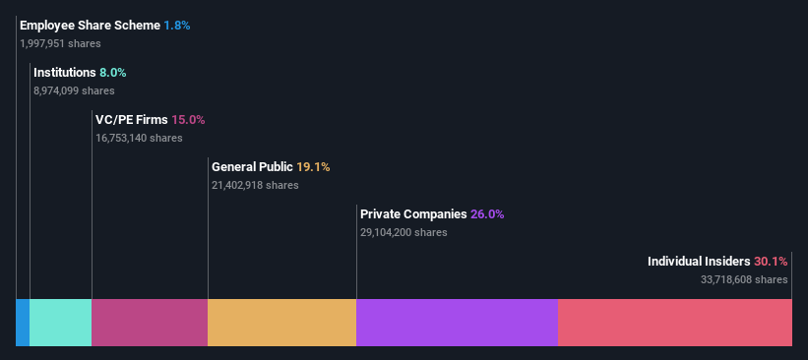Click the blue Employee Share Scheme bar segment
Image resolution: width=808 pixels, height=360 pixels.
click(x=23, y=323)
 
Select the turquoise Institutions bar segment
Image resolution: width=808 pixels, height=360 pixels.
click(x=60, y=323)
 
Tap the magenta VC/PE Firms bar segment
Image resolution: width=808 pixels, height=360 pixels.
click(x=150, y=323)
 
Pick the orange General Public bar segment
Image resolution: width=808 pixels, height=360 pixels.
click(x=281, y=323)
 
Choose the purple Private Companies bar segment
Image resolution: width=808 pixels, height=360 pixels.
click(x=457, y=323)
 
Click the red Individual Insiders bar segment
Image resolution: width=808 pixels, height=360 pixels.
click(x=674, y=323)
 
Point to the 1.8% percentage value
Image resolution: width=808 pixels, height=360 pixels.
click(x=177, y=25)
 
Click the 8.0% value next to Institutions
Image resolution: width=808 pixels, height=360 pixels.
click(x=113, y=72)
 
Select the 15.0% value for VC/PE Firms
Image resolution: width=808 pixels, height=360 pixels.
click(x=189, y=119)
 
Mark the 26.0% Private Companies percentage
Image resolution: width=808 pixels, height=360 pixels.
click(x=487, y=213)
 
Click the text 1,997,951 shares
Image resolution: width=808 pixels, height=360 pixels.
click(x=60, y=43)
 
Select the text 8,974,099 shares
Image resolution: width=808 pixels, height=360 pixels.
click(x=74, y=90)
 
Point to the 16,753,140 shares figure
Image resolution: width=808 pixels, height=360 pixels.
click(x=139, y=138)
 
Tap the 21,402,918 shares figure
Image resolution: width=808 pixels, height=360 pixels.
click(x=255, y=185)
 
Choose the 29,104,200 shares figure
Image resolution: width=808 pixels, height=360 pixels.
click(x=404, y=232)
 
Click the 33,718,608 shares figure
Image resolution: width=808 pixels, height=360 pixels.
click(x=744, y=279)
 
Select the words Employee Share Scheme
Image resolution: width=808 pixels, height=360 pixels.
click(x=90, y=25)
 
